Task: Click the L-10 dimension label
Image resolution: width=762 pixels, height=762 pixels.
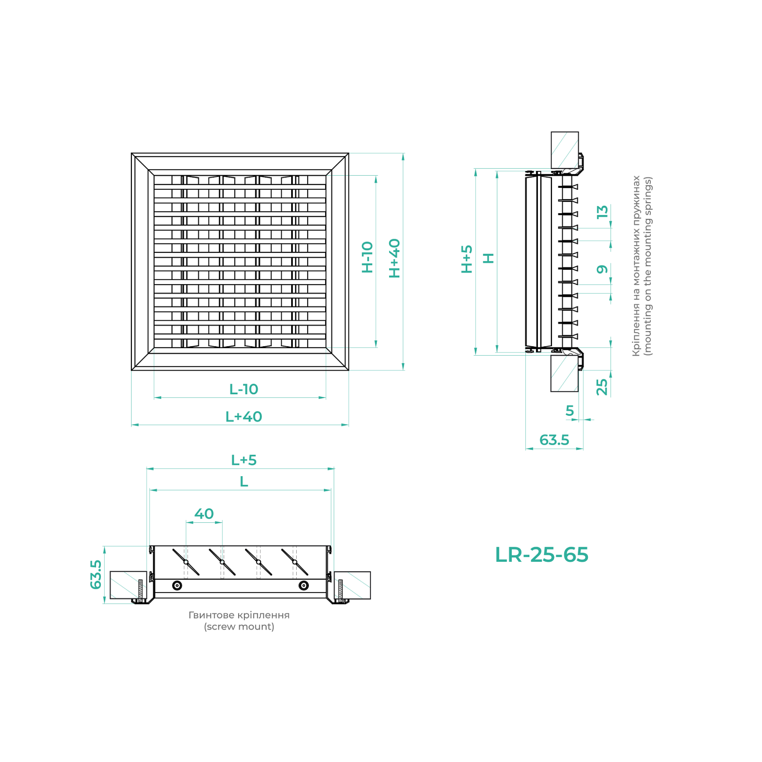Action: [x=244, y=390]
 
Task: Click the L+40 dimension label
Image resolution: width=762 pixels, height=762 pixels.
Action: [x=244, y=417]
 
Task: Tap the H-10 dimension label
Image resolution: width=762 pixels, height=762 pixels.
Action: [x=367, y=257]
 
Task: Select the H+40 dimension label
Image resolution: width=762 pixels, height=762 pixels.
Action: [x=394, y=258]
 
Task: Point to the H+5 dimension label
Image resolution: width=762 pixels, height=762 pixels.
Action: [x=467, y=259]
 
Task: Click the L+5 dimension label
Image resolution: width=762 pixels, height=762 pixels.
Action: [x=244, y=460]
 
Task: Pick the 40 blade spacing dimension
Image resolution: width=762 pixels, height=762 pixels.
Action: [x=204, y=514]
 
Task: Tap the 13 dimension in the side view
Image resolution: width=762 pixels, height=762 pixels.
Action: [x=602, y=212]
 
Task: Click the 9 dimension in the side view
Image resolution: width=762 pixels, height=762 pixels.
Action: [x=602, y=269]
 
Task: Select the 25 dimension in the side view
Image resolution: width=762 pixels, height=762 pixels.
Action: [x=602, y=387]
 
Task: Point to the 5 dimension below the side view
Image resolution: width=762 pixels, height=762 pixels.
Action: [x=570, y=411]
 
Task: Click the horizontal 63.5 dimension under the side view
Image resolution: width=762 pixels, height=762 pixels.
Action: [x=554, y=440]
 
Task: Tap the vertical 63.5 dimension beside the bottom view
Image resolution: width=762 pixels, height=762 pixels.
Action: [x=96, y=575]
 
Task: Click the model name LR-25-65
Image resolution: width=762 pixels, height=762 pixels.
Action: [x=541, y=555]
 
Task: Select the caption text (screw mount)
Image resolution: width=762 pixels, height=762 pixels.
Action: [x=239, y=627]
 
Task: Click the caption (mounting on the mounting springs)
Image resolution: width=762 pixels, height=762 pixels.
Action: [x=648, y=266]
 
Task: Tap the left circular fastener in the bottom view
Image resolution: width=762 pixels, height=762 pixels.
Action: [x=178, y=585]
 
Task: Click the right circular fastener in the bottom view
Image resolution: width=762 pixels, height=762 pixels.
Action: [x=303, y=585]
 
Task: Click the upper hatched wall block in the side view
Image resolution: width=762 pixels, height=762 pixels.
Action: [x=564, y=150]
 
